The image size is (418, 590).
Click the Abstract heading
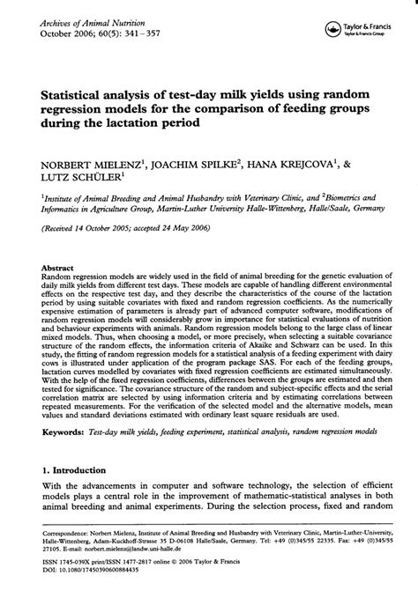(57, 267)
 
